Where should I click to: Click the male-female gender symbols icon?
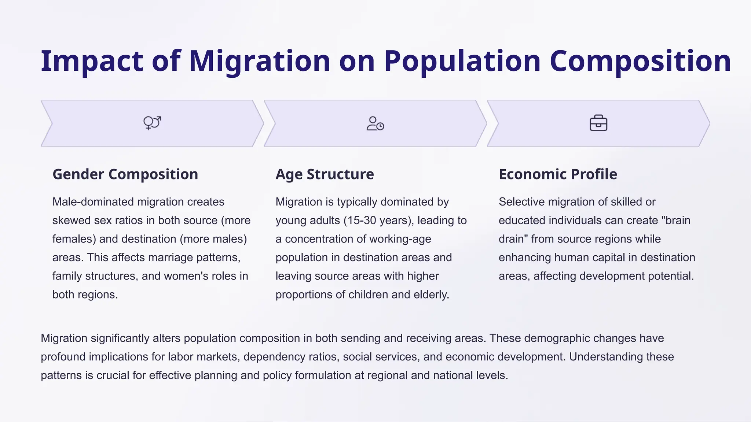(152, 123)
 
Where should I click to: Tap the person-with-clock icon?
(375, 123)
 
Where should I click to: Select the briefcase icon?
(598, 123)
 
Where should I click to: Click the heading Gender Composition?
(125, 174)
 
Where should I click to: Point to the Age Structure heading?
(325, 174)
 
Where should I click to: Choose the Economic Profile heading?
(558, 174)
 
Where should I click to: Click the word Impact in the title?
(92, 61)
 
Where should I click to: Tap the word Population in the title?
(462, 61)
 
